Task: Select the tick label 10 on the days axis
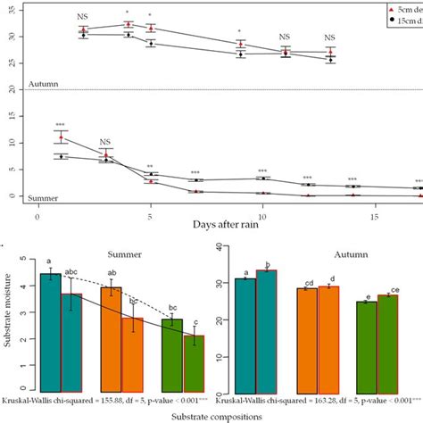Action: tap(261, 217)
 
